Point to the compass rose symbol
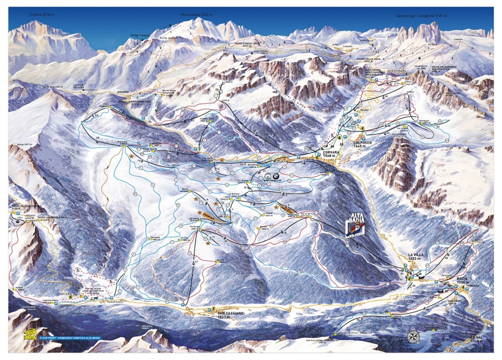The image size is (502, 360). point(413,336)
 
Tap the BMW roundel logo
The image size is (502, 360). point(267,176)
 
